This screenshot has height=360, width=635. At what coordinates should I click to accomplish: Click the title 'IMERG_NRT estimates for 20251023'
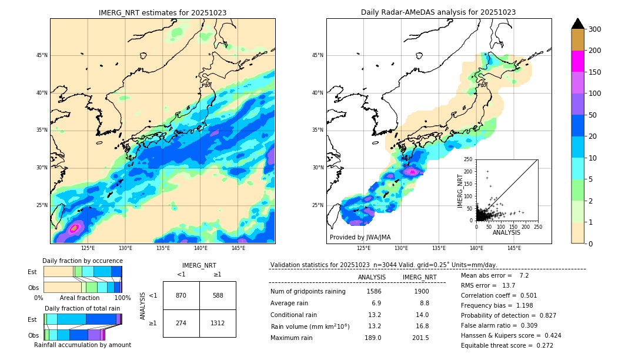(x=162, y=12)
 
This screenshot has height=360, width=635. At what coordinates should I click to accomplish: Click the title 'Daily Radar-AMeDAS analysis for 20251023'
(x=438, y=12)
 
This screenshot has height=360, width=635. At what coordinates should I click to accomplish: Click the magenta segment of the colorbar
(x=577, y=61)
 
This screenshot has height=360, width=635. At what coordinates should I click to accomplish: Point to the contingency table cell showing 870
(x=181, y=295)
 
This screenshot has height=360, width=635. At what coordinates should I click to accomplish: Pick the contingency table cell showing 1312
(x=218, y=324)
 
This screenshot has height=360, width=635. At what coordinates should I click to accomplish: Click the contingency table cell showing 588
(x=218, y=295)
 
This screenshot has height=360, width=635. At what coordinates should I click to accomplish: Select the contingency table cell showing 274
(x=181, y=324)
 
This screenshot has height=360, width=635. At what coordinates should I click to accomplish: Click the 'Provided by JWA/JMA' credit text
(x=360, y=238)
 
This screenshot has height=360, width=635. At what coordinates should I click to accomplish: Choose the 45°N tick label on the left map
(x=41, y=55)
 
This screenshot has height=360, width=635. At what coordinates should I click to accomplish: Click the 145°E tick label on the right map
(x=514, y=248)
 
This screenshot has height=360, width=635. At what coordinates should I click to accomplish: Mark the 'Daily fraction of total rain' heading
(x=82, y=308)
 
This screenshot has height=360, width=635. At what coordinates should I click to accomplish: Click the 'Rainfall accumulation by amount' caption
(x=82, y=345)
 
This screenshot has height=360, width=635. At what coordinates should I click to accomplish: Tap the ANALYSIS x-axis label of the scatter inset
(x=506, y=232)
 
